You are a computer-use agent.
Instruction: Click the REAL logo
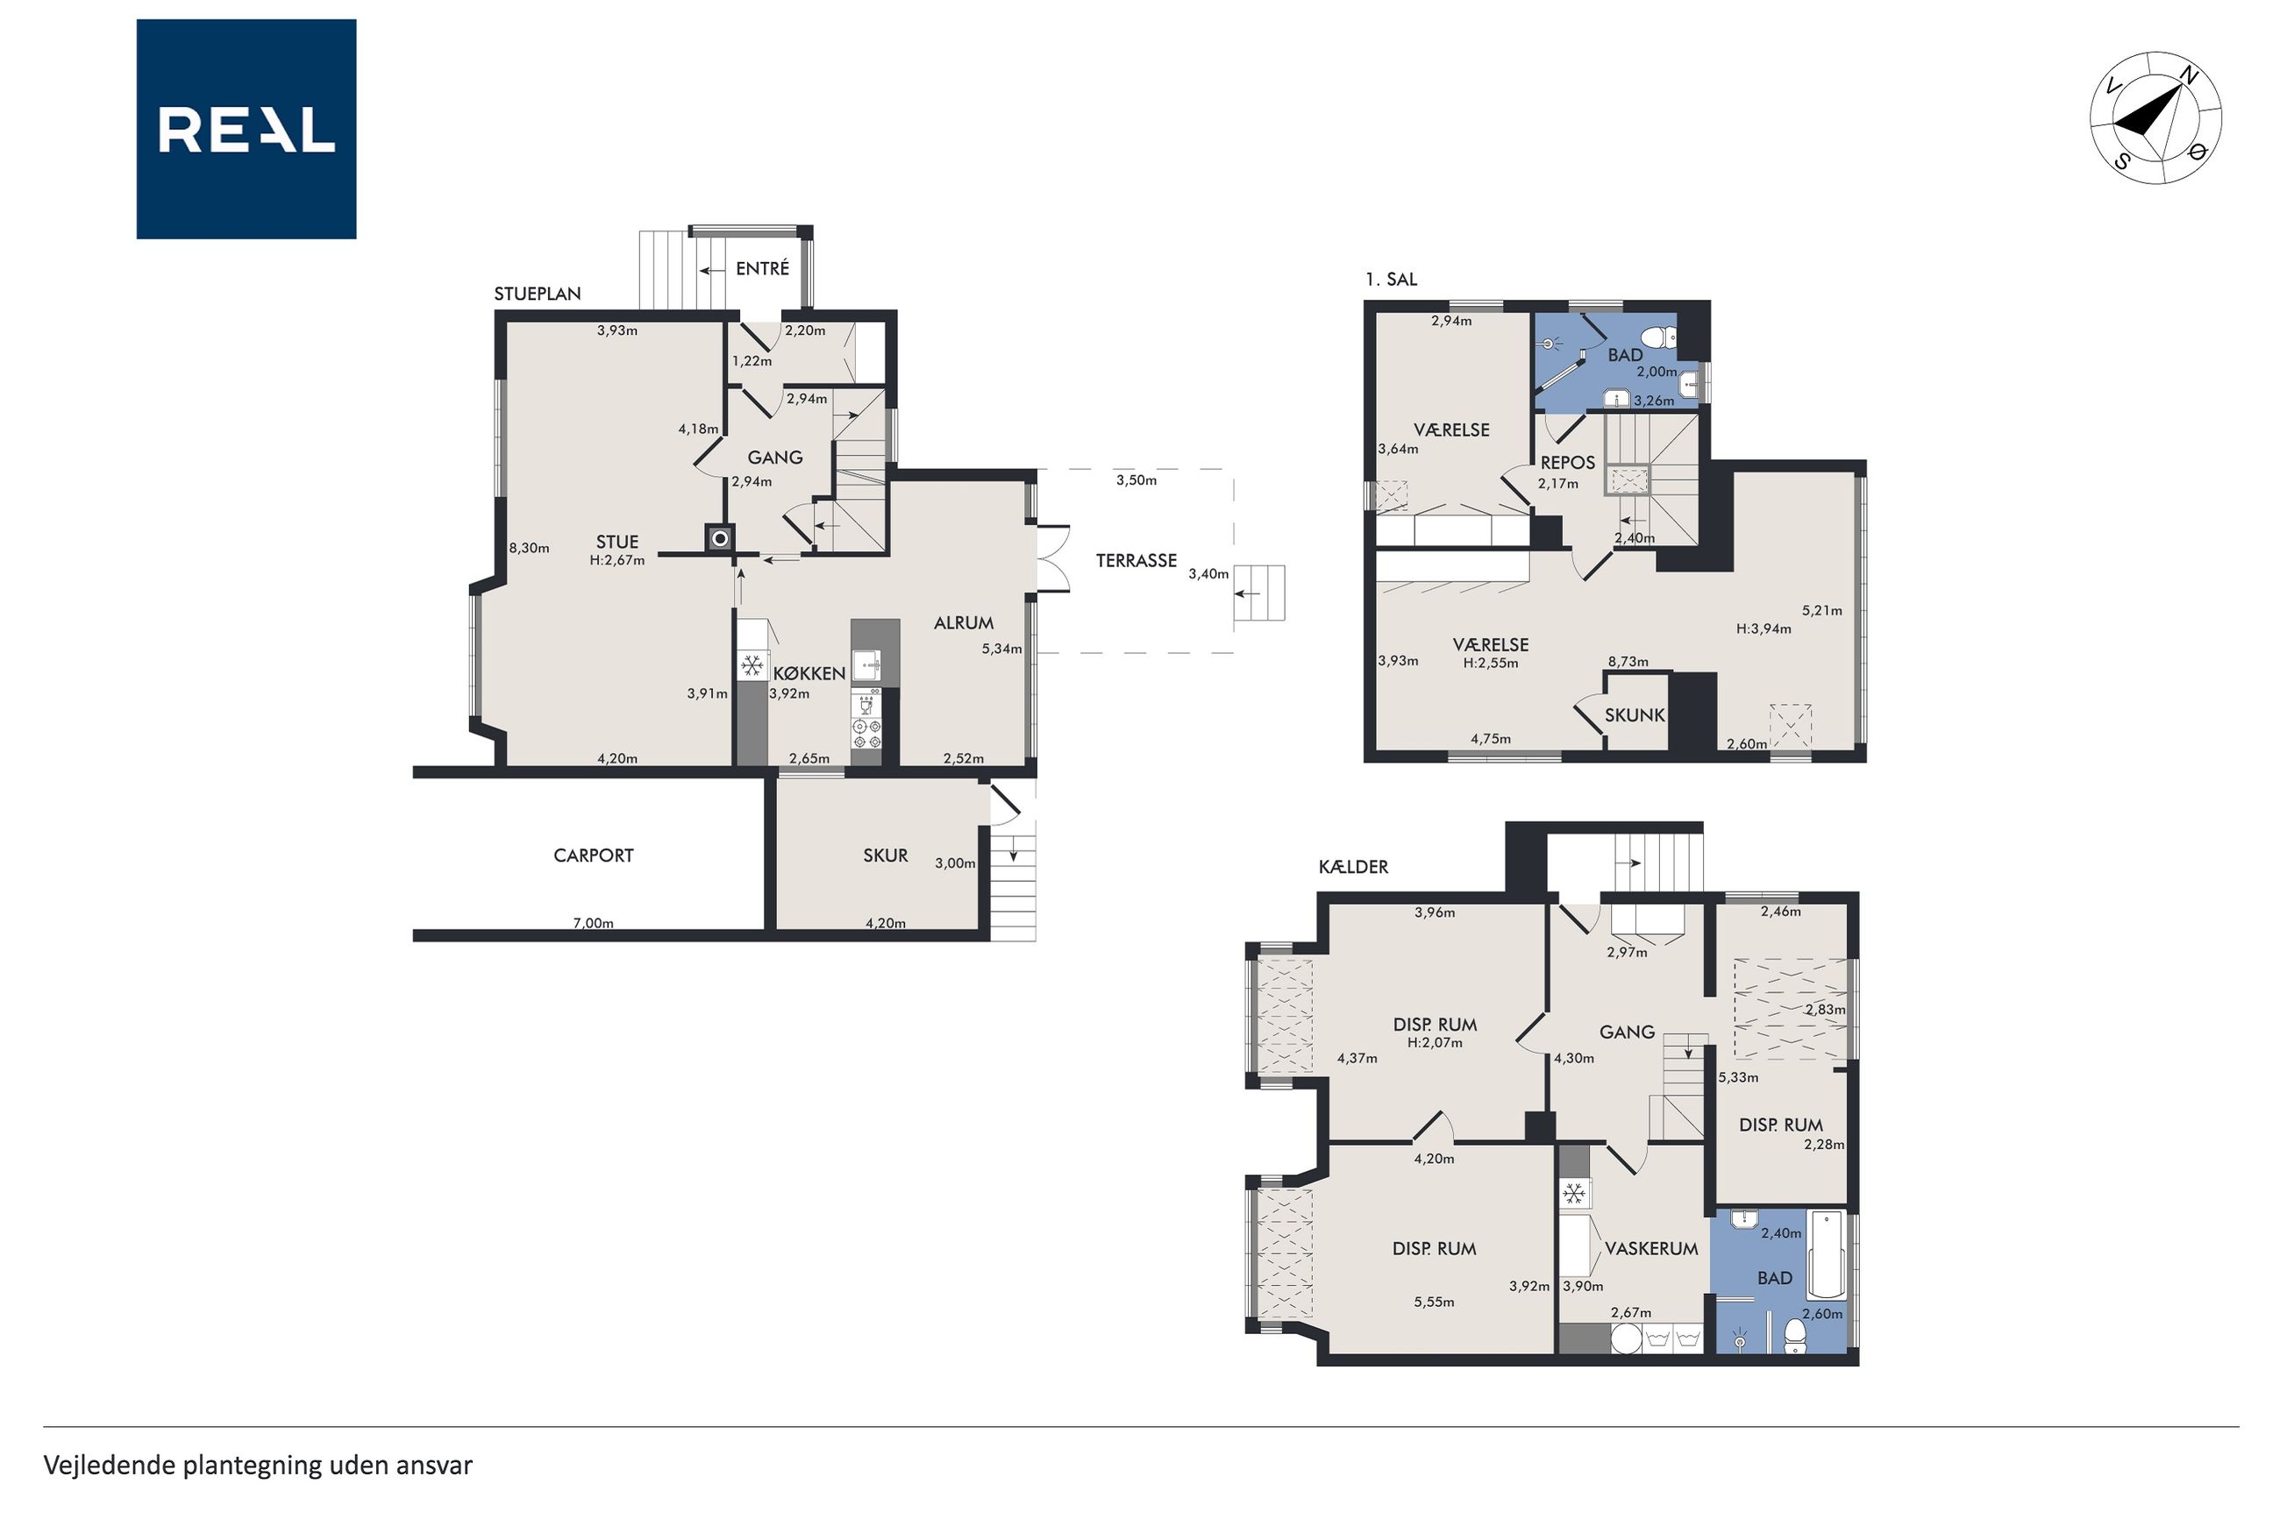[x=246, y=129]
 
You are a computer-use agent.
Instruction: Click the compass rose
[x=2155, y=118]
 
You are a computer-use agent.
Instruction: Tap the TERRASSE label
[x=1136, y=560]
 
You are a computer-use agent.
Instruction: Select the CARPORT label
[x=593, y=855]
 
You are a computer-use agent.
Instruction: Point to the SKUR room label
[x=886, y=855]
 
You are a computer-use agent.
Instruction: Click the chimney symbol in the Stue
[x=719, y=537]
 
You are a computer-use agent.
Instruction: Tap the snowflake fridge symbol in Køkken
[x=751, y=665]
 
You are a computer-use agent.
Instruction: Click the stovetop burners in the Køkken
[x=866, y=733]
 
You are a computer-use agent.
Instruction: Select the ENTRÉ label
[x=762, y=268]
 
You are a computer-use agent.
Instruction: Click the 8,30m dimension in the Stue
[x=529, y=549]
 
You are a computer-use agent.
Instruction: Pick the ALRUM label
[x=963, y=623]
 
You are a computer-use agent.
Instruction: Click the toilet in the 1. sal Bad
[x=1663, y=338]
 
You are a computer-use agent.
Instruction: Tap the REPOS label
[x=1567, y=463]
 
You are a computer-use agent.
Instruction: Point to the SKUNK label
[x=1635, y=715]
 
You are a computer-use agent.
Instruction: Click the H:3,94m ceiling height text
[x=1763, y=628]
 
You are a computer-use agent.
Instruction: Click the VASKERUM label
[x=1651, y=1249]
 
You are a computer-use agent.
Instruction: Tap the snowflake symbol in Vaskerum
[x=1575, y=1194]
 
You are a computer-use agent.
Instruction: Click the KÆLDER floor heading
[x=1353, y=867]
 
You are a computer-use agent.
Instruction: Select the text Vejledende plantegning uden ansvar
[x=258, y=1465]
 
